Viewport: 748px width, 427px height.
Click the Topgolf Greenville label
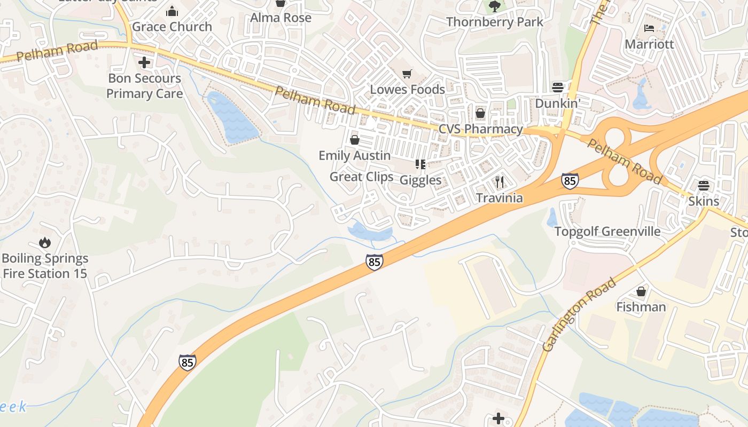pos(607,232)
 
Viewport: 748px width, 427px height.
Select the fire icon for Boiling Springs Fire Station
pos(45,243)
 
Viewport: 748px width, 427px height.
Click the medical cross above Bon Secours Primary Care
pos(144,63)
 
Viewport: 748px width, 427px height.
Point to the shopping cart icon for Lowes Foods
pos(407,74)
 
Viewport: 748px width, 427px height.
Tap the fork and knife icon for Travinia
pos(500,182)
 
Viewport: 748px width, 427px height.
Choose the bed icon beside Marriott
pos(649,28)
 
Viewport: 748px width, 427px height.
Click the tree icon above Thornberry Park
pos(494,6)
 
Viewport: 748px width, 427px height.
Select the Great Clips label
pos(361,177)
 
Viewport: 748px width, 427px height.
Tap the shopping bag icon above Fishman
pos(641,291)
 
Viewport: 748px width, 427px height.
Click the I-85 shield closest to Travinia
pos(570,181)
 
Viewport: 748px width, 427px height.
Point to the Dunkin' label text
pos(557,104)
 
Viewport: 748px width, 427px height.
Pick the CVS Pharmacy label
pos(480,129)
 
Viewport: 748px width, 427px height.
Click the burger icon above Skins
pos(703,186)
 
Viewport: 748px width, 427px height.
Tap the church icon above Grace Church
pos(172,11)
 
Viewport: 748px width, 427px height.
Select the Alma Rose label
pos(280,18)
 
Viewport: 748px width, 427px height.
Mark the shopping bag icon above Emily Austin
pos(354,140)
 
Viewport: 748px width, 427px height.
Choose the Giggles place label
pos(420,180)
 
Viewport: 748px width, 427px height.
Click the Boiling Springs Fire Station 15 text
pos(45,266)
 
